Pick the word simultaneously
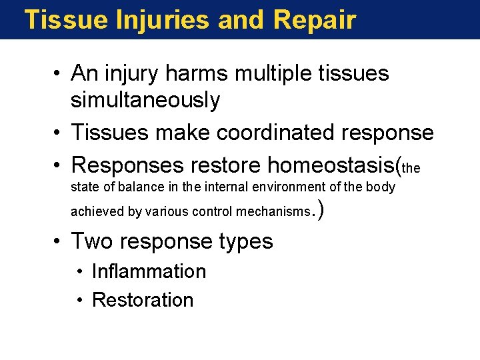(x=145, y=100)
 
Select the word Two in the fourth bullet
(x=89, y=241)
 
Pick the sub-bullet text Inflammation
(x=149, y=271)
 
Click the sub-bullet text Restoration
(x=143, y=300)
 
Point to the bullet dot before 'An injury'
(x=59, y=73)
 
